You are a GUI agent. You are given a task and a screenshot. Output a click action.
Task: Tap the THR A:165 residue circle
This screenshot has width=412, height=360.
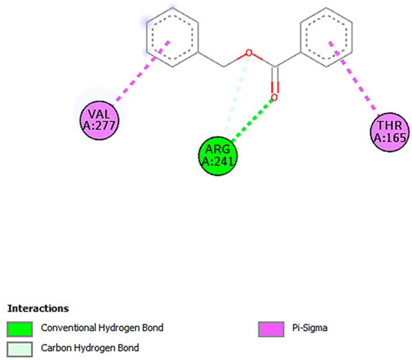tap(390, 131)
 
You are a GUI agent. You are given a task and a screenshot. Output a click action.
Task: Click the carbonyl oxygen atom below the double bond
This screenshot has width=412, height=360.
tap(274, 98)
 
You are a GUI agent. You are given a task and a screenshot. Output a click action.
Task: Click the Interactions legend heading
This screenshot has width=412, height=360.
tap(38, 308)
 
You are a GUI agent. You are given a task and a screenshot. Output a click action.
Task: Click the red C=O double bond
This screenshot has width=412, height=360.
tap(275, 81)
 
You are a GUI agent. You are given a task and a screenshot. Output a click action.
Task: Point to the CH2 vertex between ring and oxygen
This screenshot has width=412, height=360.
tap(225, 67)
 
